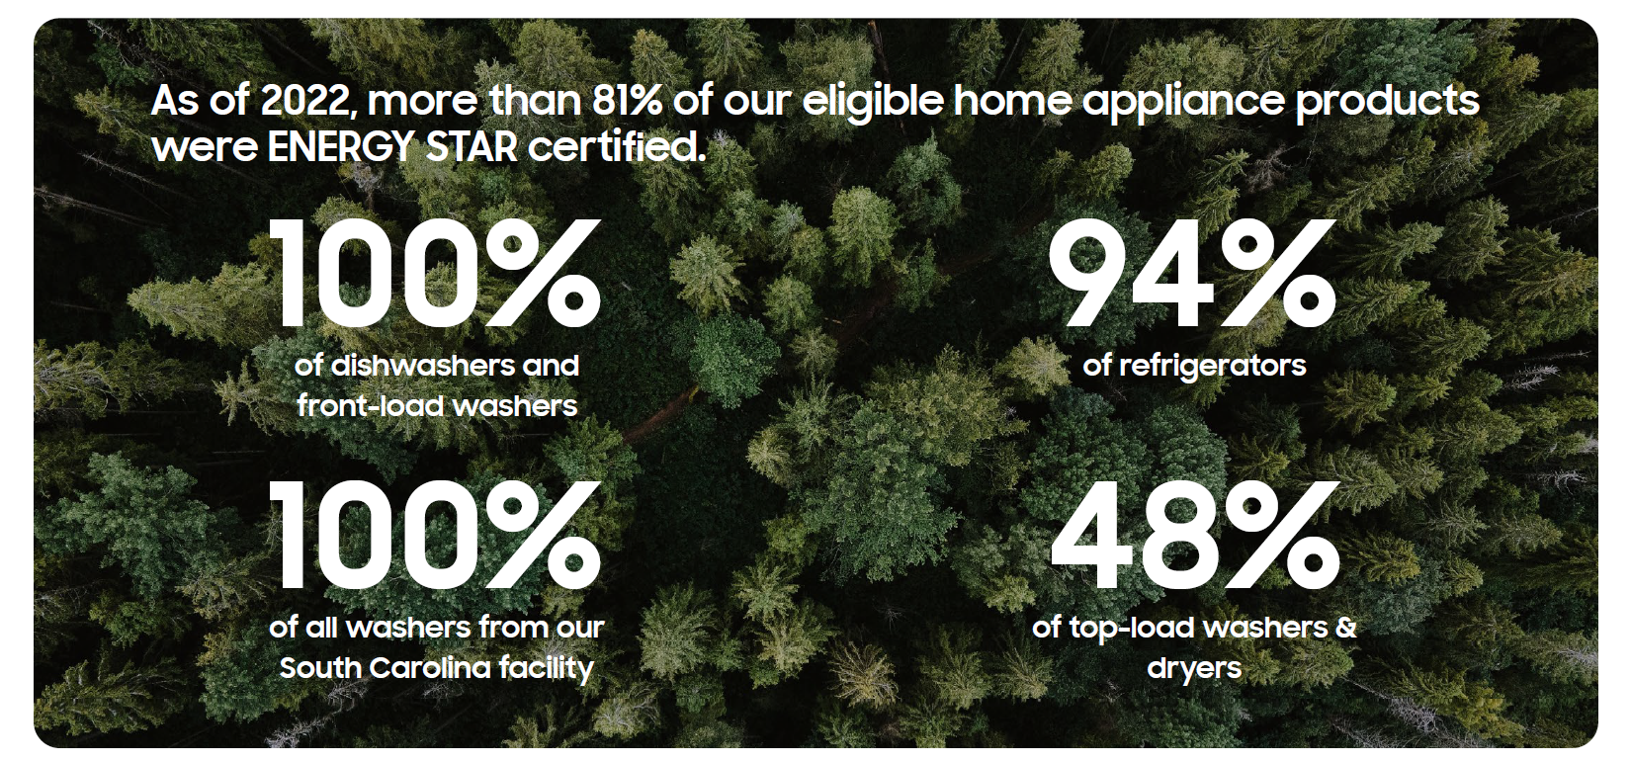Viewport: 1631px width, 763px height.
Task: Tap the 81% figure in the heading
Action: [627, 101]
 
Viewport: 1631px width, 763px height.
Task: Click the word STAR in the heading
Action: [472, 147]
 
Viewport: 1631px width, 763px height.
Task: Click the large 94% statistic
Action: [1191, 272]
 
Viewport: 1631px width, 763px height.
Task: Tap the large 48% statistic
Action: [1194, 535]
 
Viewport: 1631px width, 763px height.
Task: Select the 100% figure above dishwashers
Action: [435, 273]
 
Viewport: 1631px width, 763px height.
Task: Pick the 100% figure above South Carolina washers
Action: [435, 535]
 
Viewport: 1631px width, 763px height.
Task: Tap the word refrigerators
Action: [1212, 367]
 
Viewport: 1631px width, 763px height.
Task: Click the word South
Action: [320, 667]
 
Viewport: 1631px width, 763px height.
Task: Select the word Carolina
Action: [430, 667]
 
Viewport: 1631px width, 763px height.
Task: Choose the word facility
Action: [547, 669]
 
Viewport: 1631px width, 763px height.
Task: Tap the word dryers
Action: [1194, 669]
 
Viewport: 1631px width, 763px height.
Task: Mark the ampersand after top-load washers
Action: [1346, 627]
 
